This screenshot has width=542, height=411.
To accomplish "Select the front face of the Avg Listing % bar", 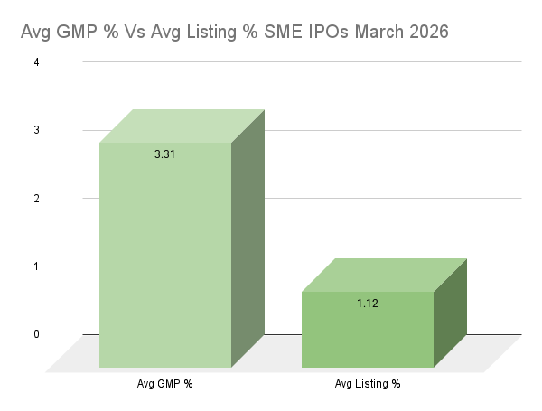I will (x=368, y=334).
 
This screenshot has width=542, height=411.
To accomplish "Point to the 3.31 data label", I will (x=165, y=155).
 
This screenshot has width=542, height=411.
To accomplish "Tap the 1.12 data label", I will (x=368, y=304).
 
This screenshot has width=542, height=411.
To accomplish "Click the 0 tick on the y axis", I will (x=36, y=334).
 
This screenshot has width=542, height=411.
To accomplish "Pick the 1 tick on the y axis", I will (x=36, y=266).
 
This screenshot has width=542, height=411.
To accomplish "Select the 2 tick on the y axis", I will (x=36, y=198).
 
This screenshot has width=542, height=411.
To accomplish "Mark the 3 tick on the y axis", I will (x=36, y=130).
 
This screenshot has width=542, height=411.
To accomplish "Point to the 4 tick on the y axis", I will (x=36, y=62).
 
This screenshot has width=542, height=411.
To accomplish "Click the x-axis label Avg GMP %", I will (x=165, y=384).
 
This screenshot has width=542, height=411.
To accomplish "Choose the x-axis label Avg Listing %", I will (x=368, y=384).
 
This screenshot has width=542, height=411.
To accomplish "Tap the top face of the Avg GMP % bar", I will (x=182, y=126).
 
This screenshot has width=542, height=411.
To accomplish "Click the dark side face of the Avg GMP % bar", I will (x=248, y=239).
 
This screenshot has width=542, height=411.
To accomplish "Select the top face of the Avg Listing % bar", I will (x=384, y=275).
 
